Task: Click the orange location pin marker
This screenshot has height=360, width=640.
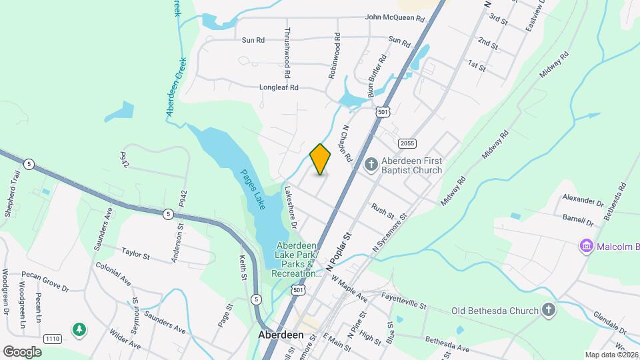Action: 321,159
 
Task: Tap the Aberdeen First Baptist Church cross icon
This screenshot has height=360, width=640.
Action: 372,163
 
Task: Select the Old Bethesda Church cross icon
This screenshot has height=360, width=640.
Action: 548,310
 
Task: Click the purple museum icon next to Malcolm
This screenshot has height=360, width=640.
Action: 587,247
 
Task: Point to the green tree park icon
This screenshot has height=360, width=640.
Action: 79,329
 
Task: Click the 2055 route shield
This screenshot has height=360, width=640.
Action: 407,143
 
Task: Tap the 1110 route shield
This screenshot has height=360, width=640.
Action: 53,339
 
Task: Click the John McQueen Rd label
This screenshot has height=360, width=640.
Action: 395,19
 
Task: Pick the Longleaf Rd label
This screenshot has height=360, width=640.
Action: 279,87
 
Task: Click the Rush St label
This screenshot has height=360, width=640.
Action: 383,211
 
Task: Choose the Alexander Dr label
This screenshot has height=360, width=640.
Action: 582,199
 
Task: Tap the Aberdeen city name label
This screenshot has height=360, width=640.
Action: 281,335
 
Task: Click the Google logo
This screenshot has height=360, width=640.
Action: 22,351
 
